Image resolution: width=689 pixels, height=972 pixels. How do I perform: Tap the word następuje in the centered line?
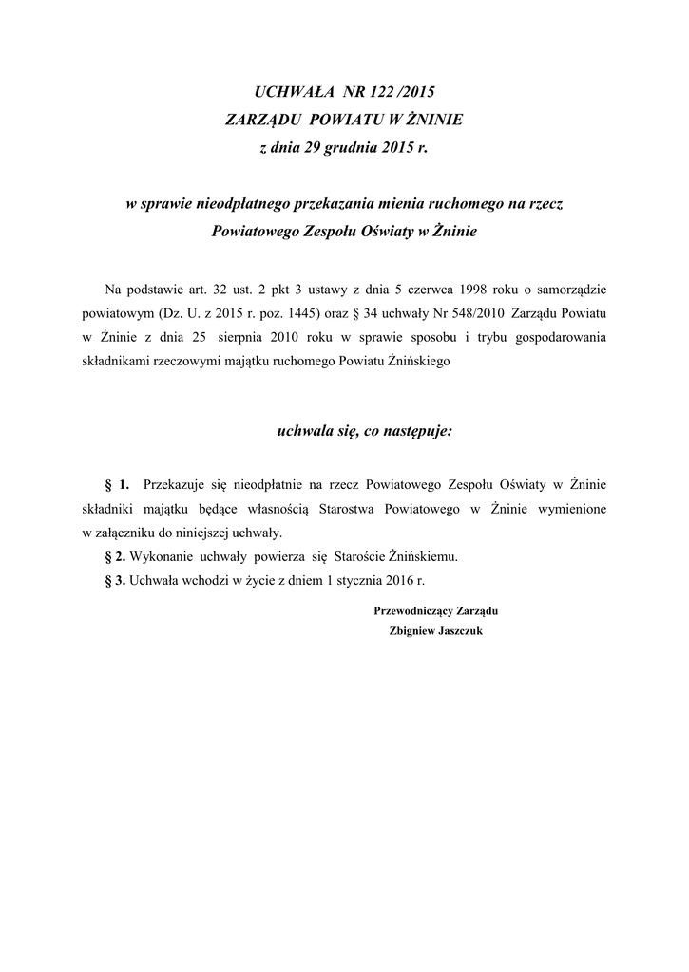(418, 432)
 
